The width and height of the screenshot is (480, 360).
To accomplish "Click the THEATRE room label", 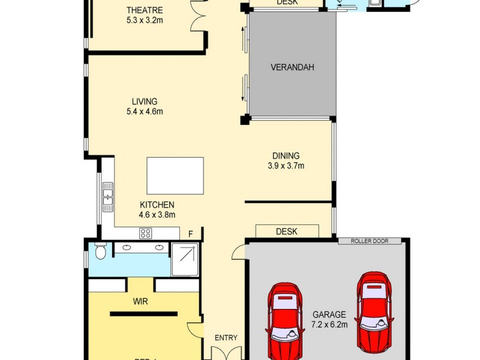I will click(145, 10).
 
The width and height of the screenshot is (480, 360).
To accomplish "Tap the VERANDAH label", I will click(292, 67).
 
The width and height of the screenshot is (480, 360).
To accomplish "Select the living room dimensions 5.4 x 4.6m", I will click(145, 111).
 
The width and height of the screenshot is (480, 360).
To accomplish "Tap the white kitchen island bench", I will click(175, 176).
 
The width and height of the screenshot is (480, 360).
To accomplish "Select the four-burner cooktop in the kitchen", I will click(146, 233).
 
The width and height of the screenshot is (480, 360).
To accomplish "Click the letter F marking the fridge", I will click(191, 233).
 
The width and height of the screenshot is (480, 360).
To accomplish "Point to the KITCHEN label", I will click(157, 205).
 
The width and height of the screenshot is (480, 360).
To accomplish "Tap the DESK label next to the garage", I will click(287, 231).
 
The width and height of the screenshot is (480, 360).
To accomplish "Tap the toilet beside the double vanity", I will click(100, 252).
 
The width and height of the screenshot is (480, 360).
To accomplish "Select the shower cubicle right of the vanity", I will click(185, 259).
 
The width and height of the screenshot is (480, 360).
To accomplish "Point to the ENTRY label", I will click(226, 338).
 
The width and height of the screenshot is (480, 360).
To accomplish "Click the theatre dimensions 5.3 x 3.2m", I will click(145, 20).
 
